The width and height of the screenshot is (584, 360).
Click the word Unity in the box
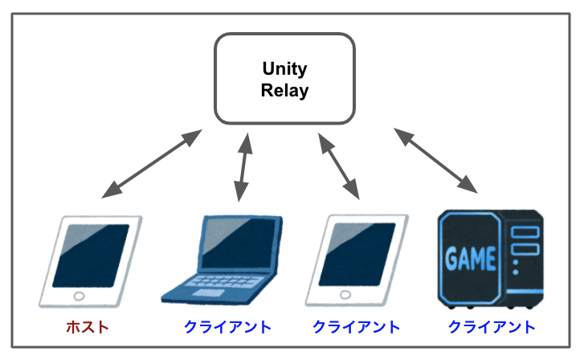coord(284,69)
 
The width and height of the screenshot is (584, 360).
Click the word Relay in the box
coord(284,90)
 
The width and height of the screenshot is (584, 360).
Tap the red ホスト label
coord(87,327)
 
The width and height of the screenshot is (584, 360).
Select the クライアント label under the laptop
coord(227,327)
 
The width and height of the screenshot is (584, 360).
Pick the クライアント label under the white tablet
coord(356,327)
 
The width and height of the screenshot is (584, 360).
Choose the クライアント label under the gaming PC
coord(492,327)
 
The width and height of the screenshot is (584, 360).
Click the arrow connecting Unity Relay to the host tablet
coord(152,164)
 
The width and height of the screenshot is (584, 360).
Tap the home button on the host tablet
coord(78,296)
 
